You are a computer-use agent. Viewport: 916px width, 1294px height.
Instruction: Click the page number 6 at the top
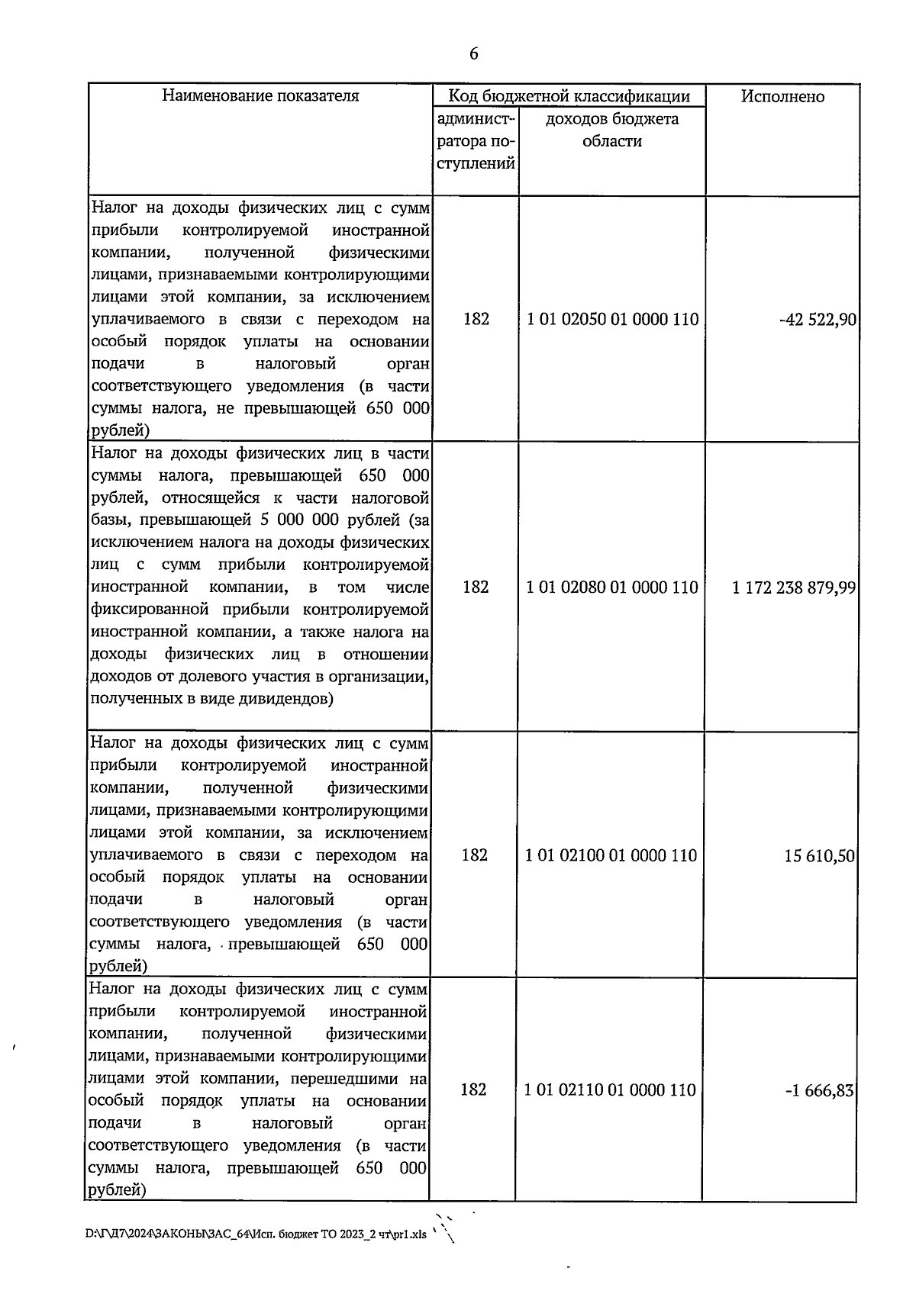[473, 53]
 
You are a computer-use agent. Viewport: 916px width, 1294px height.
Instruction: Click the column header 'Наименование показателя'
[260, 96]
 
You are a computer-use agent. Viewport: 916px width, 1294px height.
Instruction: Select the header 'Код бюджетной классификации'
[569, 96]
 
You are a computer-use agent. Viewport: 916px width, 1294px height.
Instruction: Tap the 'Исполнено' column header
[782, 96]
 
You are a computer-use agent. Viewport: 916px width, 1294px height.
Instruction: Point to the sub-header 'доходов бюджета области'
[612, 130]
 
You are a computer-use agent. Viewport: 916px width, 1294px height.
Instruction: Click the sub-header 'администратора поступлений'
[476, 141]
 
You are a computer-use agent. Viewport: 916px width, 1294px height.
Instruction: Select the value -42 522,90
[818, 320]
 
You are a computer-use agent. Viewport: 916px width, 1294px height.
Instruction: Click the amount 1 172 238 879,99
[794, 587]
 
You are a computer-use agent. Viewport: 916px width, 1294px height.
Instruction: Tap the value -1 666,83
[820, 1090]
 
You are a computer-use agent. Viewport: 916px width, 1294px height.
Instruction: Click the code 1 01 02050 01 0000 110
[612, 320]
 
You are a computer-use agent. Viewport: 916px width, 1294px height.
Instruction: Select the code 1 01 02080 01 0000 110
[612, 587]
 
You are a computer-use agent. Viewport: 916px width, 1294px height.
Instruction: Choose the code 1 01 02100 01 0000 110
[611, 856]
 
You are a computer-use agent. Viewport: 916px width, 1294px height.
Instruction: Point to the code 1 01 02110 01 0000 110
[611, 1090]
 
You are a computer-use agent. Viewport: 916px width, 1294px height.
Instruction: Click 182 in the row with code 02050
[476, 320]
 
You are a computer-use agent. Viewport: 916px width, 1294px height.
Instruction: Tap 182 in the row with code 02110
[474, 1090]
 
